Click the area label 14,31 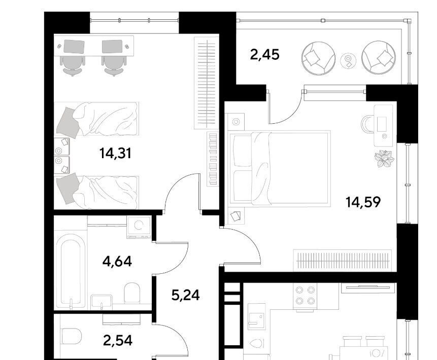point(115,153)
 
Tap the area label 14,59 point(363,202)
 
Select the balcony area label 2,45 point(264,54)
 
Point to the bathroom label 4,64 point(117,261)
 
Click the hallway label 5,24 point(185,295)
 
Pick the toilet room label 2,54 point(117,340)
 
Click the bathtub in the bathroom point(71,270)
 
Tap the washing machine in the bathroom point(139,227)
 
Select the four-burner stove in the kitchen point(305,296)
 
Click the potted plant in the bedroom point(384,159)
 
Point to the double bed point(279,168)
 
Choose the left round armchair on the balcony point(318,58)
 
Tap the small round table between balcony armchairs point(348,61)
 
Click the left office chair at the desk point(73,65)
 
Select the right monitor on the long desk point(112,46)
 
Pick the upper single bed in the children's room point(97,119)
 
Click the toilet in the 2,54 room point(72,336)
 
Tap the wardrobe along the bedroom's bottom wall point(343,261)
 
